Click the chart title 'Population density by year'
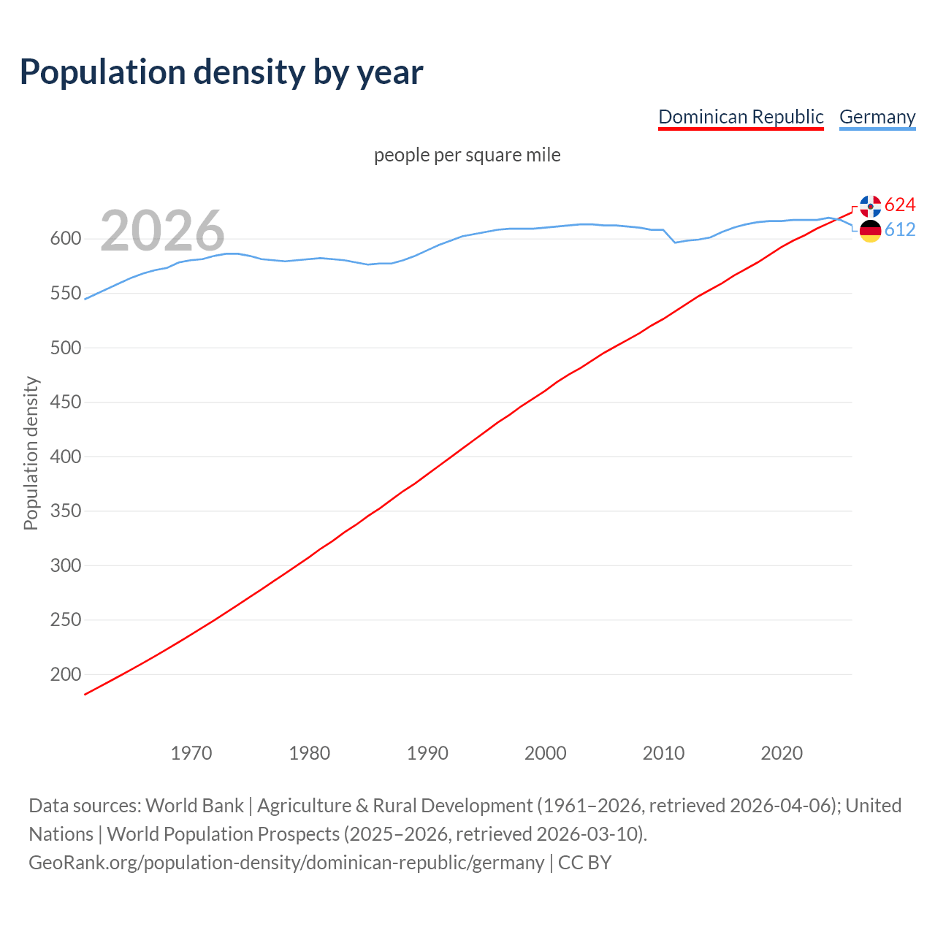tap(221, 72)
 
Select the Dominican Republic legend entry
tap(741, 117)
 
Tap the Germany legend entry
tap(877, 117)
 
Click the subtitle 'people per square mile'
tap(467, 155)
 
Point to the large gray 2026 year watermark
tap(162, 231)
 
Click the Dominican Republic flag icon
tap(870, 206)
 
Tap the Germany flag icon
tap(870, 231)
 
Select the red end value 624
tap(900, 205)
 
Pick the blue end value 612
tap(900, 229)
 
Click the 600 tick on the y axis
tap(65, 239)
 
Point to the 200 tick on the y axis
tap(65, 674)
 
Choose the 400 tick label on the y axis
tap(65, 457)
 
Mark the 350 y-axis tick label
tap(65, 511)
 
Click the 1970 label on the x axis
tap(191, 753)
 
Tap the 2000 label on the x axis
tap(545, 753)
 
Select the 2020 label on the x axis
tap(782, 753)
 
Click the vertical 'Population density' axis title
tap(31, 453)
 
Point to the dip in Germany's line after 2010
tap(676, 242)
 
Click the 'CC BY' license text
tap(584, 863)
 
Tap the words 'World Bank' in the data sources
tap(194, 806)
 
